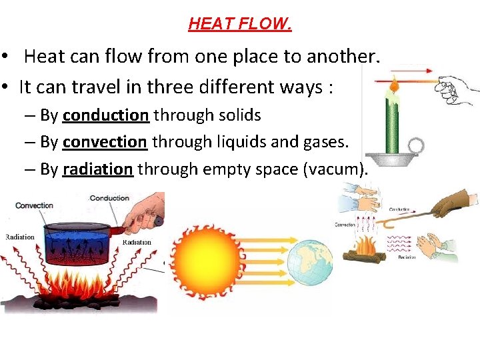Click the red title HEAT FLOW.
coord(240,25)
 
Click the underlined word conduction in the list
coord(105,115)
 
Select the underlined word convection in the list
coord(105,142)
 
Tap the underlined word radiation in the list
coord(98,169)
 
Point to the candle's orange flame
coord(394,84)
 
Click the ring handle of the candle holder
coord(417,145)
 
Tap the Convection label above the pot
coord(34,205)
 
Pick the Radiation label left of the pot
coord(20,237)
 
